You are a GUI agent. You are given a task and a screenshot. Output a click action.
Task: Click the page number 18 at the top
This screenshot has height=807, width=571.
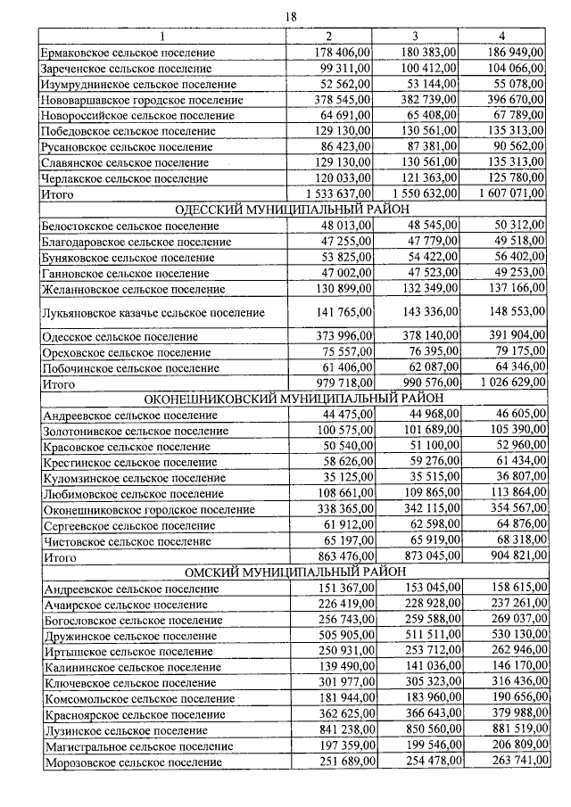pos(291,17)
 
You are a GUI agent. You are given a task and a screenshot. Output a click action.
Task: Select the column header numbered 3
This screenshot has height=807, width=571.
pos(415,36)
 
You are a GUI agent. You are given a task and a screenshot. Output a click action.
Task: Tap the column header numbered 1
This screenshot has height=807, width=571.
pos(162,36)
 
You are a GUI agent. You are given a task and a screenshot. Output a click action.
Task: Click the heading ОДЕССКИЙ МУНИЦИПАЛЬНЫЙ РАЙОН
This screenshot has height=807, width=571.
pos(291,210)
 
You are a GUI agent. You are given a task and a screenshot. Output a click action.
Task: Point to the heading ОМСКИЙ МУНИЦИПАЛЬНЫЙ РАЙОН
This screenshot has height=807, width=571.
pos(291,572)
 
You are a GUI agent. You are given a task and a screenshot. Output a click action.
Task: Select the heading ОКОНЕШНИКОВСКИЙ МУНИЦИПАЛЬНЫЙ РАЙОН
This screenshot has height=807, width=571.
pos(291,398)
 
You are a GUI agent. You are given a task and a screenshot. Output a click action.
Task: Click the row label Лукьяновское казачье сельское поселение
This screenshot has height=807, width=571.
pos(153,313)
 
